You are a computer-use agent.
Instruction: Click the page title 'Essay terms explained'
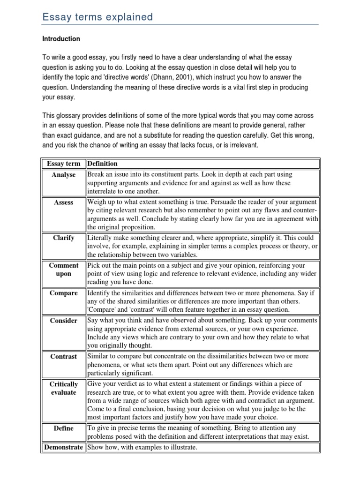pyautogui.click(x=97, y=17)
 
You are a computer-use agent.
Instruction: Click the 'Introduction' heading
pyautogui.click(x=61, y=39)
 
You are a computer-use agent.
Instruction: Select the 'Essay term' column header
pyautogui.click(x=64, y=164)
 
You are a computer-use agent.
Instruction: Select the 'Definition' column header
pyautogui.click(x=103, y=164)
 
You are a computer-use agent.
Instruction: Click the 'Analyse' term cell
pyautogui.click(x=64, y=175)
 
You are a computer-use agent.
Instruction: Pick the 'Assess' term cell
pyautogui.click(x=64, y=202)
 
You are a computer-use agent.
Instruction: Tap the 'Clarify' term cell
pyautogui.click(x=64, y=238)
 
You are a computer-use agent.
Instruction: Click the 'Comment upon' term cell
pyautogui.click(x=64, y=270)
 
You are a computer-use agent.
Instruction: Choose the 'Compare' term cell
pyautogui.click(x=64, y=293)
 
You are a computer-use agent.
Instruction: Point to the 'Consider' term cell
pyautogui.click(x=64, y=321)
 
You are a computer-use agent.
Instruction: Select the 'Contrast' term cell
pyautogui.click(x=64, y=356)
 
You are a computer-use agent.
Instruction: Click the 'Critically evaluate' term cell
pyautogui.click(x=64, y=388)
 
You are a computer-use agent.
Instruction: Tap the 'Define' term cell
pyautogui.click(x=64, y=428)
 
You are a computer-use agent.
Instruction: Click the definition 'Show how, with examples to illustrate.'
pyautogui.click(x=142, y=447)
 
